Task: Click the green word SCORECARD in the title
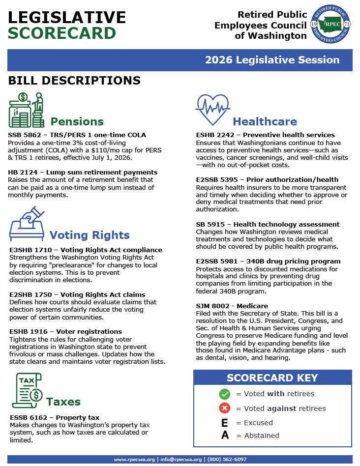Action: [x=62, y=33]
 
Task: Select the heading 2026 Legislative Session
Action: [x=272, y=60]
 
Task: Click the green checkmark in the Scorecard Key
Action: [x=225, y=394]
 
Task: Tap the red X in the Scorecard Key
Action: [x=225, y=408]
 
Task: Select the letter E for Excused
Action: [x=225, y=423]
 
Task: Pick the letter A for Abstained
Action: [x=225, y=436]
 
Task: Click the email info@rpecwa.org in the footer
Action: [x=180, y=460]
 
